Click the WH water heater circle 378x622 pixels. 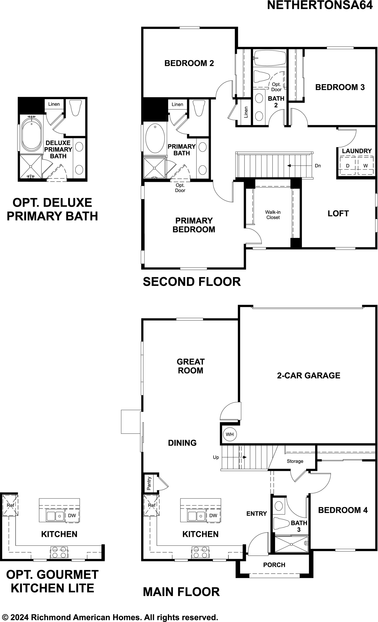tap(230, 434)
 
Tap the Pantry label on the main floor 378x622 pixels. tap(149, 483)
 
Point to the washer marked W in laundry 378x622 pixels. tap(365, 166)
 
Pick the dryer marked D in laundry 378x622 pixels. tap(347, 166)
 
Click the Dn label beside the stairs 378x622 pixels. tap(318, 166)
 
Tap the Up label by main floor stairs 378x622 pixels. tap(216, 457)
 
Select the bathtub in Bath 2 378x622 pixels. tap(270, 58)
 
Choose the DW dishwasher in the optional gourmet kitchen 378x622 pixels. tap(72, 516)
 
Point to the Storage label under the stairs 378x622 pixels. tap(295, 461)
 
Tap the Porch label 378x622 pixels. tap(274, 565)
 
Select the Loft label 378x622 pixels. tap(338, 213)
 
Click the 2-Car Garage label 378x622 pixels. tap(309, 375)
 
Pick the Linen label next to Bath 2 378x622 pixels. tap(246, 112)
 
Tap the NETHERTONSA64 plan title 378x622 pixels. tap(320, 5)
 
